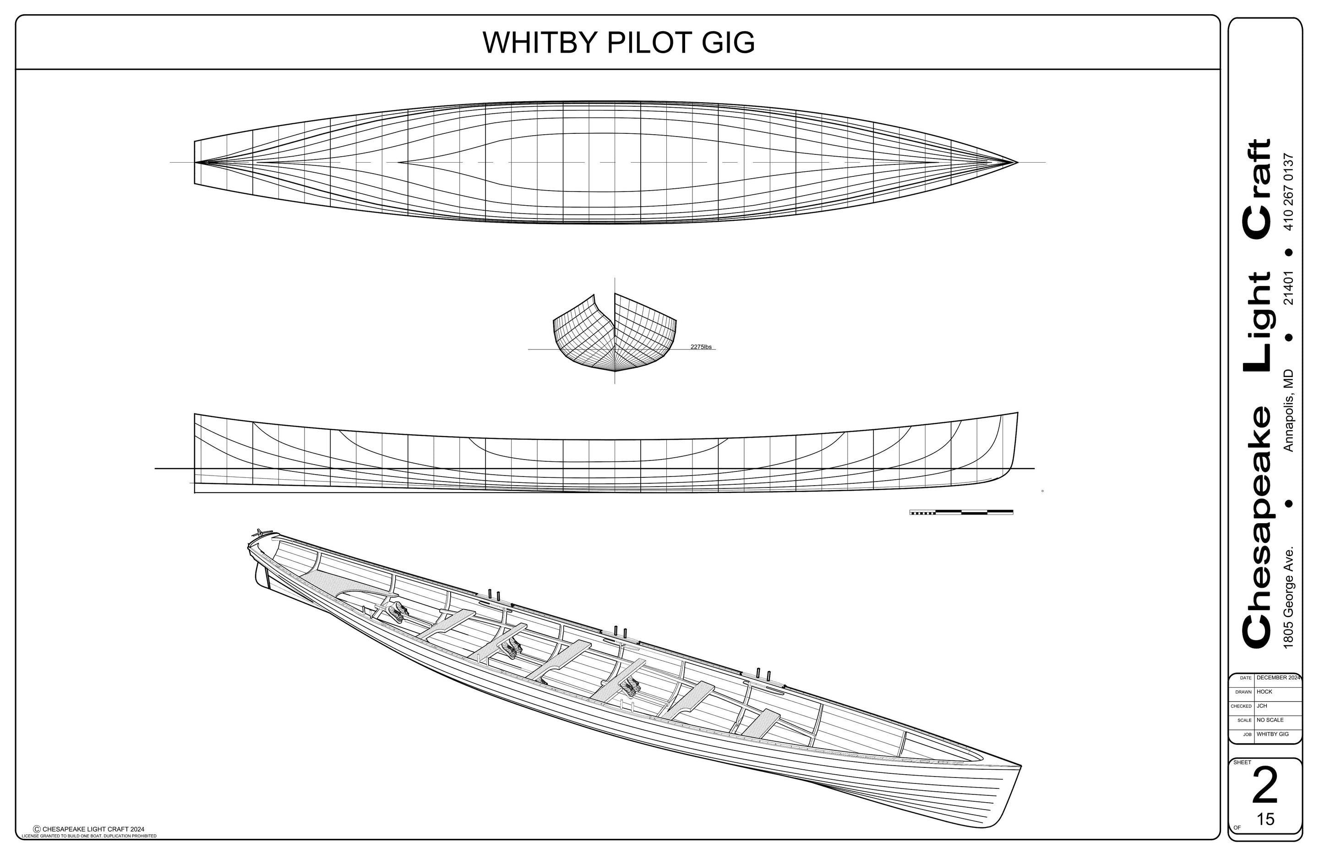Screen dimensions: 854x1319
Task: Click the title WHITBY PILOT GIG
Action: (618, 42)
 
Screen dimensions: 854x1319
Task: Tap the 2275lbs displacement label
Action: (701, 347)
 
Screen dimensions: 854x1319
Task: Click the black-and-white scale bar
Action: (961, 512)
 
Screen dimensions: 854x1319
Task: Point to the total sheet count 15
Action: (1266, 819)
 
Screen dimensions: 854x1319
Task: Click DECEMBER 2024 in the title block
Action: (1278, 678)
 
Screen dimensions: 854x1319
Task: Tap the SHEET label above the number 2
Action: (1242, 762)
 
